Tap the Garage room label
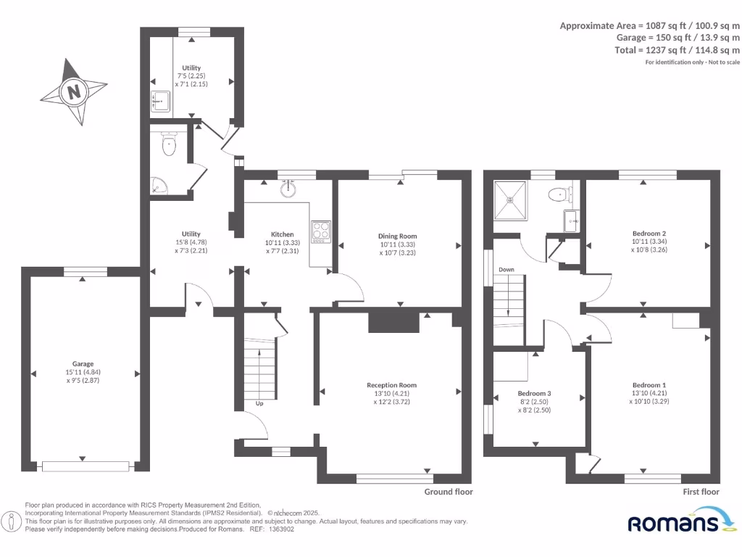pos(83,364)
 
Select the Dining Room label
pos(398,236)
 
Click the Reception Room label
pos(391,385)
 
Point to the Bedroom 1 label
pos(649,385)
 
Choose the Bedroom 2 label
pos(649,234)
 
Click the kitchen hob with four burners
pos(321,231)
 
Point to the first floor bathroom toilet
pos(560,194)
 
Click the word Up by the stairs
pos(259,403)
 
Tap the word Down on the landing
pos(506,270)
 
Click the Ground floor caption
pos(448,492)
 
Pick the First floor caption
pos(701,492)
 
